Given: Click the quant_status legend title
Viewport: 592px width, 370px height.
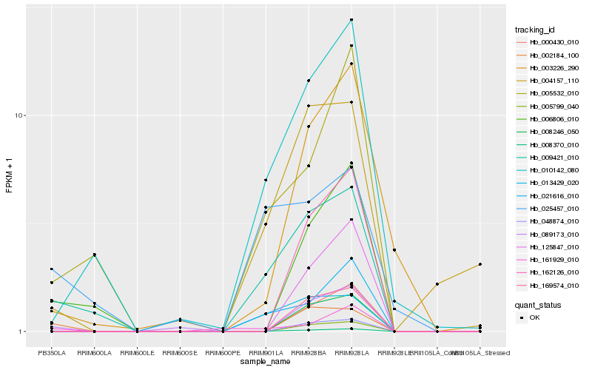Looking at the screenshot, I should coord(537,304).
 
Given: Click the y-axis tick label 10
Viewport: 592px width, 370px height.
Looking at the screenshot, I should coord(21,115).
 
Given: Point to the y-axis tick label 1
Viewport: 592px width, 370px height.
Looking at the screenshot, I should coord(22,332).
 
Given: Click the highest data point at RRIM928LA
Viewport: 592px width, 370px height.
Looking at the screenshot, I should coord(351,20).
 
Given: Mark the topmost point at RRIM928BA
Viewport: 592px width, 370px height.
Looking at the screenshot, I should coord(309,81).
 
